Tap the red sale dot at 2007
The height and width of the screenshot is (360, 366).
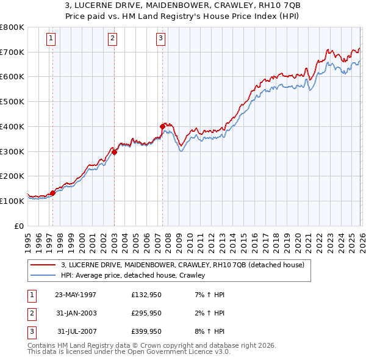[162, 126]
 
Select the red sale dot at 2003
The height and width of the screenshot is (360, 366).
[115, 152]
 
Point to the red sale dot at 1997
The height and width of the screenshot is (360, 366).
[53, 193]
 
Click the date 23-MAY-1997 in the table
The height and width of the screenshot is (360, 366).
[76, 295]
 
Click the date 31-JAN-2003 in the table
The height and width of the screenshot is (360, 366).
[76, 313]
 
